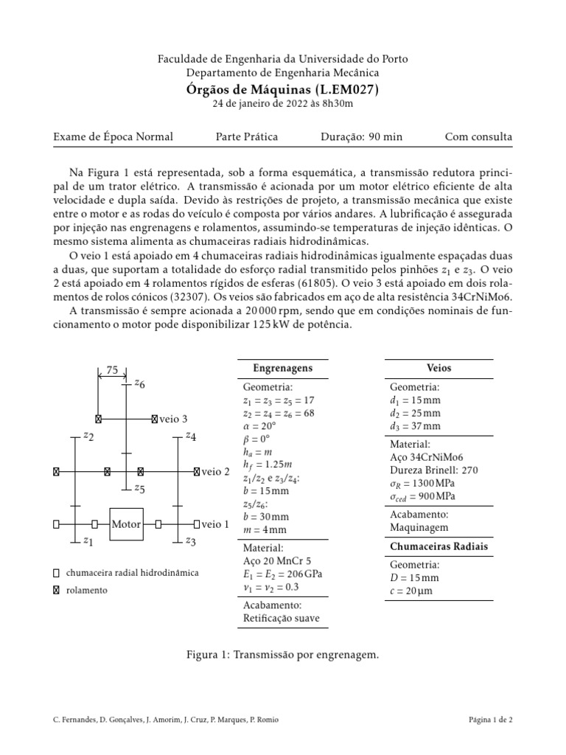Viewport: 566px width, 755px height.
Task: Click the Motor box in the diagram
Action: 126,524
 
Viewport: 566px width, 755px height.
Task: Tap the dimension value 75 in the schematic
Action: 113,371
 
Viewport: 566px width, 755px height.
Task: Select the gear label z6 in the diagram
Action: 139,384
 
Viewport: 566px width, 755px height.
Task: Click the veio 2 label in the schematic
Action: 215,470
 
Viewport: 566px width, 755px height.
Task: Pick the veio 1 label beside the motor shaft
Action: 215,524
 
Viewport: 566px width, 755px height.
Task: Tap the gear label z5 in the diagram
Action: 139,488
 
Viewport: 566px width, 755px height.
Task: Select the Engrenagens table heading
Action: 283,368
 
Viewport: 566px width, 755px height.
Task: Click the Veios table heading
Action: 439,368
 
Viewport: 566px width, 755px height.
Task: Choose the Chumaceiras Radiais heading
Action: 439,546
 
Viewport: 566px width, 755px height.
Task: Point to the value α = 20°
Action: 259,426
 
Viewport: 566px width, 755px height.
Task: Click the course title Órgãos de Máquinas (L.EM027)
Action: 283,89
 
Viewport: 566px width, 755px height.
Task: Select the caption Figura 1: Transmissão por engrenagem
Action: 283,654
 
